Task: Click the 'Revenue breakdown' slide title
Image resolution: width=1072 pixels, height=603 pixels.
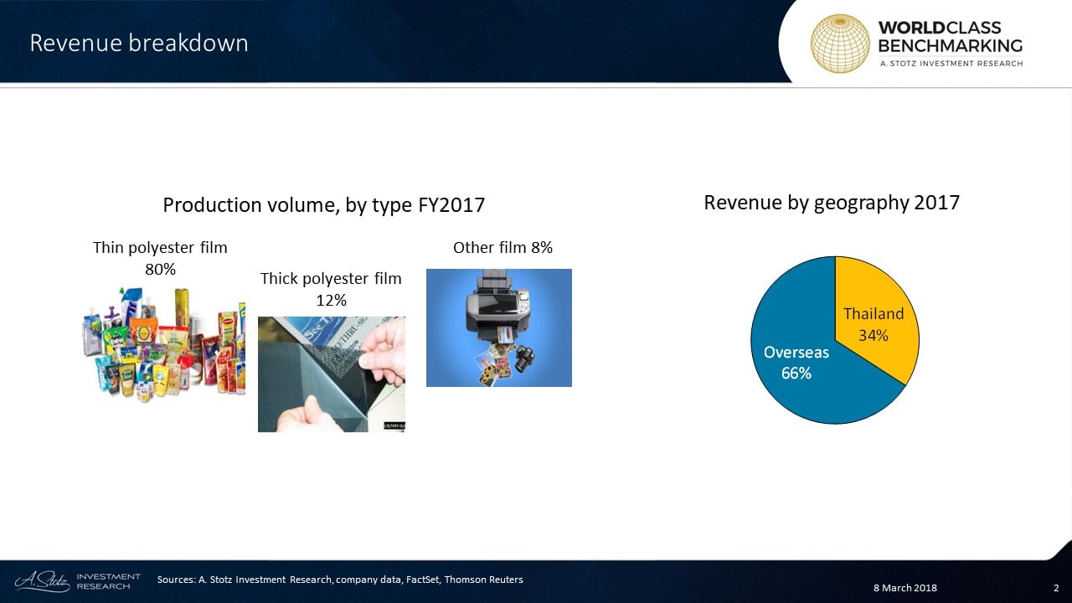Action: point(139,43)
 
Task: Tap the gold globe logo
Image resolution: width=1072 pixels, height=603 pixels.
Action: point(840,44)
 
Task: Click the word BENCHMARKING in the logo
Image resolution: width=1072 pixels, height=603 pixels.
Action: point(951,46)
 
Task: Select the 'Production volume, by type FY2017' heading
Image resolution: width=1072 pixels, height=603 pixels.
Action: point(323,205)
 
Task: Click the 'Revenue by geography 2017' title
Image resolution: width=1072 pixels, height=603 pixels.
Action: point(832,203)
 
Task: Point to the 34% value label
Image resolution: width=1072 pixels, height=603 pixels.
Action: point(874,336)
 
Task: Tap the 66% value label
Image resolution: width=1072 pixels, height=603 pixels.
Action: point(796,374)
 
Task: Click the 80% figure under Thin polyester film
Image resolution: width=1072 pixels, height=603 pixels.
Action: point(160,270)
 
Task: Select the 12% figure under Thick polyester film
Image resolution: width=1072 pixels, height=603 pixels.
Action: point(331,301)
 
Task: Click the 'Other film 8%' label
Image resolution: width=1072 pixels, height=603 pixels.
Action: point(503,248)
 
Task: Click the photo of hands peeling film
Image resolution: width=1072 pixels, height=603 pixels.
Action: point(331,374)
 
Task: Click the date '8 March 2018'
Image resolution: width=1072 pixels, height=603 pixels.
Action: point(905,588)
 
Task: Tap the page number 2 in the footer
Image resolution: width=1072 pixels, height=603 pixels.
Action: point(1056,588)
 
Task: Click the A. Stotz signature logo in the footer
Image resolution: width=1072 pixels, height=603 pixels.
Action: point(43,581)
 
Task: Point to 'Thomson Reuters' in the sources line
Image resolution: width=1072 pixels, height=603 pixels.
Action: point(483,580)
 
